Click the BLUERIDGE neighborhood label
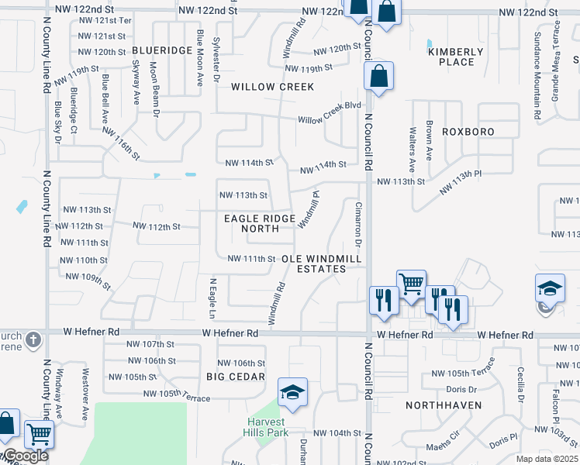click(162, 50)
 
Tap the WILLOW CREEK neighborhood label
click(273, 87)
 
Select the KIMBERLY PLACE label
click(456, 57)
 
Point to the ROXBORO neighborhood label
click(468, 132)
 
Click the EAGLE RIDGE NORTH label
click(251, 224)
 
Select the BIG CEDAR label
click(236, 377)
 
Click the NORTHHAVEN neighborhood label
click(444, 405)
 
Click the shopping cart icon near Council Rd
click(410, 283)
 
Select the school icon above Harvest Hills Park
click(292, 392)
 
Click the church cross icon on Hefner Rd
click(32, 339)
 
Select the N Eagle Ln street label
click(211, 298)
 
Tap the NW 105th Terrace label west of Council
click(177, 396)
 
